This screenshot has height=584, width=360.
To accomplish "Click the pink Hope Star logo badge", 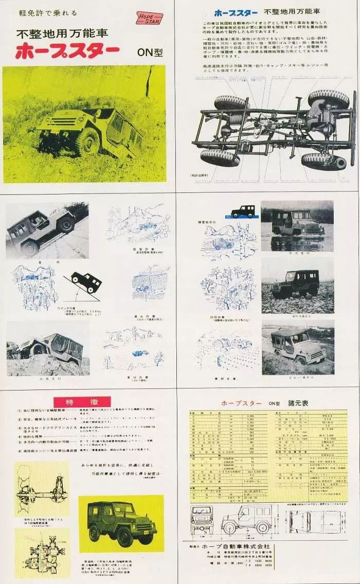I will (149, 19).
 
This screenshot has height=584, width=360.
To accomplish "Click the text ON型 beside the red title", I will (150, 52).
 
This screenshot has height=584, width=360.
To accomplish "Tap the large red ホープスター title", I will (67, 51).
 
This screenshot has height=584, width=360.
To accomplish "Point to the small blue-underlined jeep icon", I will (242, 211).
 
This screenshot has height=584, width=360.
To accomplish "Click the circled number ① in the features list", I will (19, 411).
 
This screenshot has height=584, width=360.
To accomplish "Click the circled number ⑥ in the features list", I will (19, 450).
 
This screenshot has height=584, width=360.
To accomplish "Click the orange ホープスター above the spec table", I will (241, 403).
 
